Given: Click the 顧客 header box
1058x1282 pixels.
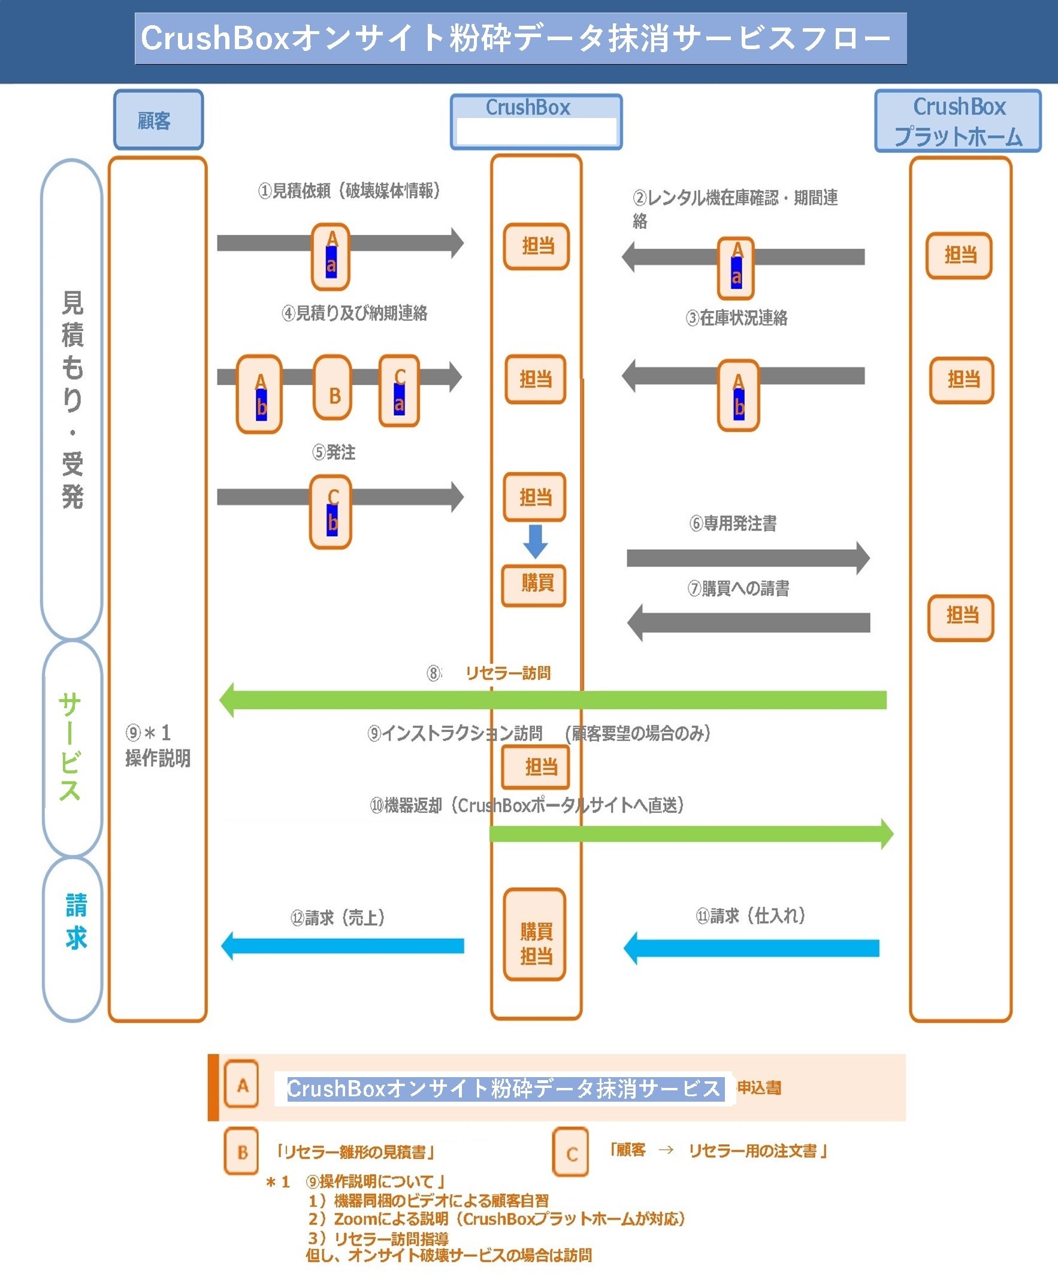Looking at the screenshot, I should click(158, 120).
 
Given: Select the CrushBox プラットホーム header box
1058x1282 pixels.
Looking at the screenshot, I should click(957, 121).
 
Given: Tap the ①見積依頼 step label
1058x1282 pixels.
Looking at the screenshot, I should click(349, 191).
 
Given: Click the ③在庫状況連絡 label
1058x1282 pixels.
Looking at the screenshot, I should click(736, 318).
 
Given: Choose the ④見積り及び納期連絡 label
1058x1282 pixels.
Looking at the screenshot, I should click(354, 313).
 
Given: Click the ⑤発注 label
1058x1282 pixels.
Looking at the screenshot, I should click(333, 452).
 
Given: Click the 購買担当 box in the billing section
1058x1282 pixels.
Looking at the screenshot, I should click(534, 934).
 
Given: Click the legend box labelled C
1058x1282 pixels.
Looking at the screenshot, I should click(570, 1152).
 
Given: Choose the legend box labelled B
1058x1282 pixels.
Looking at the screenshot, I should click(241, 1151).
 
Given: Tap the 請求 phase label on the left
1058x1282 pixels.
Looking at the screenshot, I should click(75, 921).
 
